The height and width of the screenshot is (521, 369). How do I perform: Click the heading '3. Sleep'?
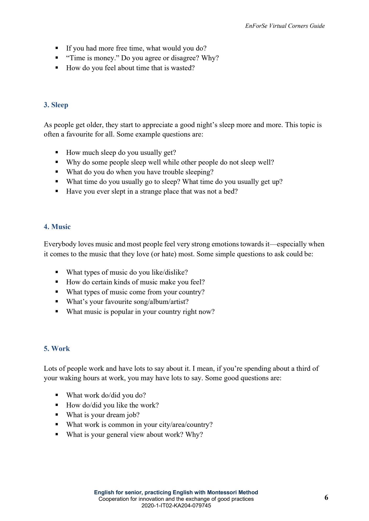pyautogui.click(x=56, y=105)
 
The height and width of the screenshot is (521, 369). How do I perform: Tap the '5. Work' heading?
pyautogui.click(x=57, y=348)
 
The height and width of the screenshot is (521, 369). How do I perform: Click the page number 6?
pyautogui.click(x=326, y=497)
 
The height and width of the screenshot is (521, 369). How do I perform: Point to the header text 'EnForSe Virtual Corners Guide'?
pyautogui.click(x=285, y=26)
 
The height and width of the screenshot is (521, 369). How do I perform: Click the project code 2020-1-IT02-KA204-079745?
pyautogui.click(x=176, y=506)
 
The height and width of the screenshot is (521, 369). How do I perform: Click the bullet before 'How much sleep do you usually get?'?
pyautogui.click(x=57, y=152)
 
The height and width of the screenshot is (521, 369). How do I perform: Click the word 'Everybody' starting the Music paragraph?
pyautogui.click(x=60, y=244)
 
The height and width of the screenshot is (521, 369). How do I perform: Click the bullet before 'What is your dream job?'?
pyautogui.click(x=57, y=415)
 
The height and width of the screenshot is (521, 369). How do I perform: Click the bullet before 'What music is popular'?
pyautogui.click(x=57, y=311)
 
